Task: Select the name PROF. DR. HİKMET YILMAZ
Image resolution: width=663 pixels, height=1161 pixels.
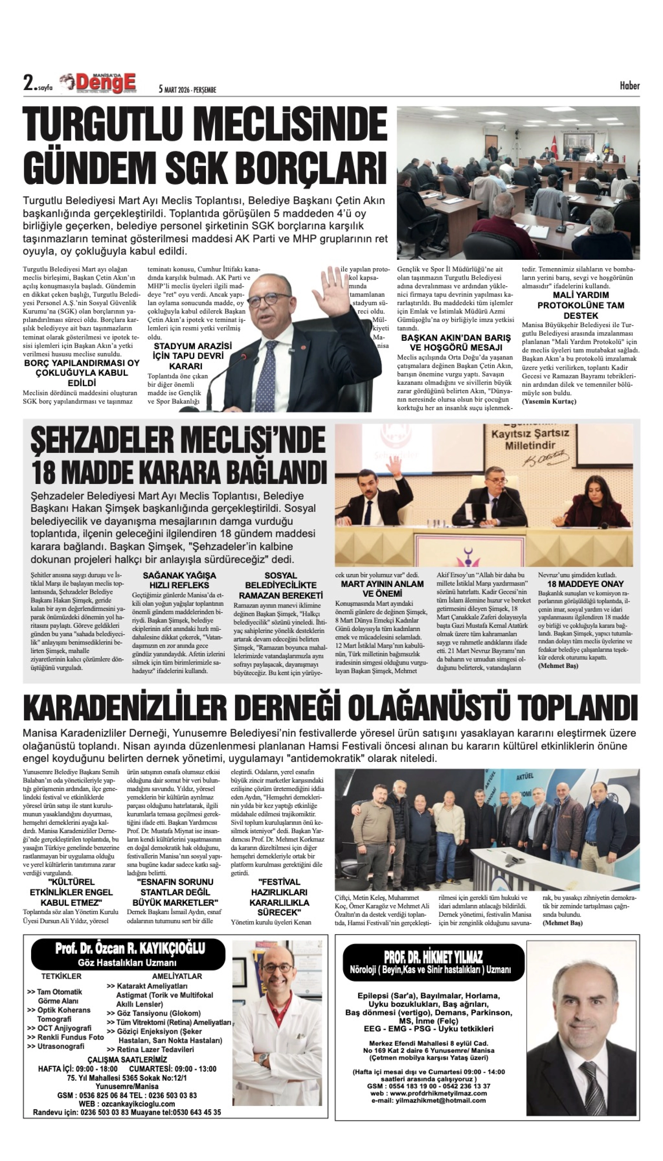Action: click(433, 956)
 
